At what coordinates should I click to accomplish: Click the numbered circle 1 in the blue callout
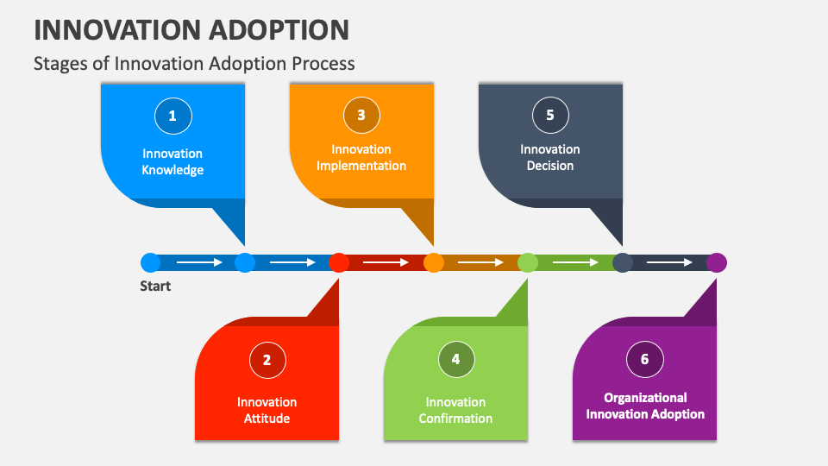[x=172, y=116]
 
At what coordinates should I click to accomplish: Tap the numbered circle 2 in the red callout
[x=267, y=360]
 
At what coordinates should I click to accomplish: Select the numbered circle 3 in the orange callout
[x=361, y=116]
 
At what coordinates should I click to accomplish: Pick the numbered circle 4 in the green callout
[x=455, y=360]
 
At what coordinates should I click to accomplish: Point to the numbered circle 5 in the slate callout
[x=550, y=116]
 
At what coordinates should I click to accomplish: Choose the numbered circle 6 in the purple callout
[x=644, y=360]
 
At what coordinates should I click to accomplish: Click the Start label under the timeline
[x=155, y=287]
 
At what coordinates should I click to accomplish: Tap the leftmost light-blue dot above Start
[x=150, y=262]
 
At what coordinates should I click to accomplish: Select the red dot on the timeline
[x=339, y=262]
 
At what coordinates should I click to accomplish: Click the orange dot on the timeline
[x=434, y=262]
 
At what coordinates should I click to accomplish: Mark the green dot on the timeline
[x=528, y=262]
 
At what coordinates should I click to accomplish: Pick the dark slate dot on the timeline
[x=623, y=262]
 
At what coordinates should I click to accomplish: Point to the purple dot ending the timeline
[x=717, y=262]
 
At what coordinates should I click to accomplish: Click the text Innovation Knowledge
[x=172, y=161]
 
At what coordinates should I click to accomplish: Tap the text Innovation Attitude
[x=267, y=410]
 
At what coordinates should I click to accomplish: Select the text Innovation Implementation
[x=361, y=157]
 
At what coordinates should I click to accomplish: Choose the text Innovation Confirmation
[x=455, y=410]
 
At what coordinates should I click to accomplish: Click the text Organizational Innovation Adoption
[x=645, y=406]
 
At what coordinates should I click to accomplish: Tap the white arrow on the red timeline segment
[x=386, y=262]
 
